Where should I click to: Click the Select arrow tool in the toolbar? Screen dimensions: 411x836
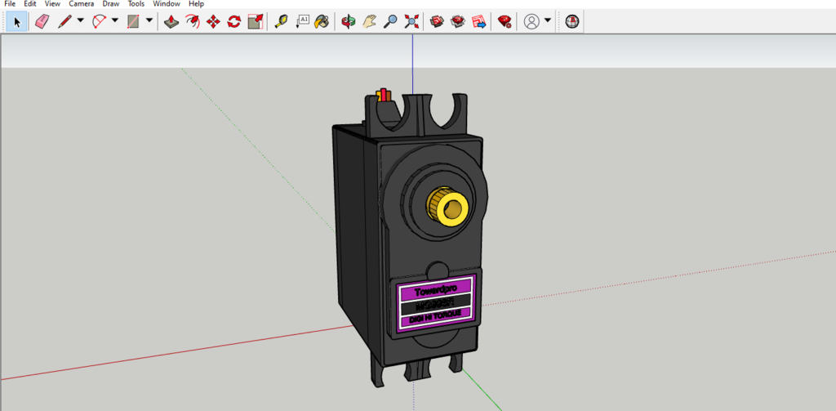pyautogui.click(x=17, y=21)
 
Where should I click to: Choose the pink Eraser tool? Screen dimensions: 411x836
pyautogui.click(x=42, y=21)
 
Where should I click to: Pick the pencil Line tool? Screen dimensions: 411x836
pyautogui.click(x=65, y=21)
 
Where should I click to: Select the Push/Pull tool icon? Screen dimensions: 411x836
pyautogui.click(x=171, y=21)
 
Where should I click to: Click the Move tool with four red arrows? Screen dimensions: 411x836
pyautogui.click(x=213, y=21)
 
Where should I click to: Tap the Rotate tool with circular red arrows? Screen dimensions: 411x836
pyautogui.click(x=234, y=21)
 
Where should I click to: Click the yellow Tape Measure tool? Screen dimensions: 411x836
pyautogui.click(x=281, y=21)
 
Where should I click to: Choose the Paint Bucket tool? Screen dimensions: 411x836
pyautogui.click(x=322, y=21)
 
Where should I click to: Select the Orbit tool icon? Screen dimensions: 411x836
pyautogui.click(x=349, y=21)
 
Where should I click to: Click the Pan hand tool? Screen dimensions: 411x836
pyautogui.click(x=370, y=21)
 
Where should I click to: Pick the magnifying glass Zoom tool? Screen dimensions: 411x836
pyautogui.click(x=390, y=21)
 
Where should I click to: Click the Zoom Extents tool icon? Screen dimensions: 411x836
pyautogui.click(x=411, y=21)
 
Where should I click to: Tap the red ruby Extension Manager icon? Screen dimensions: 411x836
pyautogui.click(x=505, y=21)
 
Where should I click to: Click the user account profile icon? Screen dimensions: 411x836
pyautogui.click(x=531, y=21)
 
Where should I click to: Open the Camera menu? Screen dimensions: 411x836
pyautogui.click(x=81, y=4)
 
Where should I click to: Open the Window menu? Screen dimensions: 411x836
pyautogui.click(x=167, y=4)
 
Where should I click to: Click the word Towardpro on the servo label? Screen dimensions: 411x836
pyautogui.click(x=441, y=290)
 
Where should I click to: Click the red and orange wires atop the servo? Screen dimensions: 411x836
pyautogui.click(x=384, y=96)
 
